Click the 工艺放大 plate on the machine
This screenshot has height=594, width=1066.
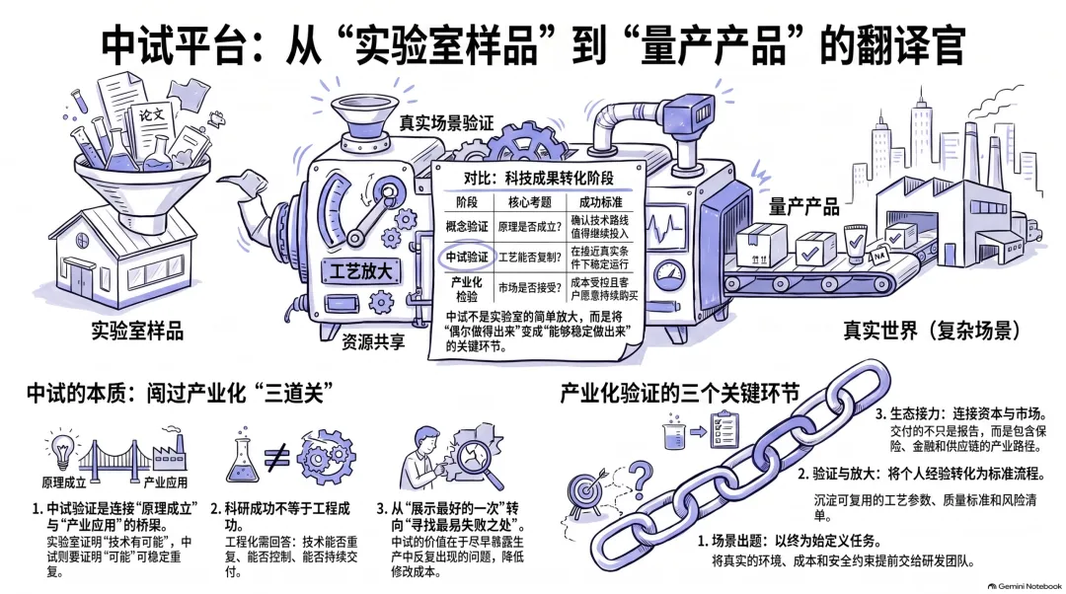tap(360, 272)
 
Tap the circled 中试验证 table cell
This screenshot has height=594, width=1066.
tap(467, 257)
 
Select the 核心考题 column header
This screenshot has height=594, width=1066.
tap(530, 202)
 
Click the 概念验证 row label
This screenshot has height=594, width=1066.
tap(467, 226)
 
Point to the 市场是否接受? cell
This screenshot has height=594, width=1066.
tap(530, 287)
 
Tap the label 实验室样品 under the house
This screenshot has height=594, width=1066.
tap(137, 331)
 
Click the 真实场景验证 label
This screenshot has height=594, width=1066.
tap(446, 123)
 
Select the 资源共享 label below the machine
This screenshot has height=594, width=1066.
tap(373, 341)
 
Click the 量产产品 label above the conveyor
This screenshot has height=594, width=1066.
tap(804, 206)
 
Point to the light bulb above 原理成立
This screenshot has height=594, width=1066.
tap(62, 449)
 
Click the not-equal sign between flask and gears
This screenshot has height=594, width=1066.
tap(276, 458)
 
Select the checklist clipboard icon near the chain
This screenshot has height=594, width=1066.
tap(724, 429)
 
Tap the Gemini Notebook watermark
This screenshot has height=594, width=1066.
tap(1026, 586)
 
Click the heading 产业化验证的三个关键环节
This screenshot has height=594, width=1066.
tap(680, 394)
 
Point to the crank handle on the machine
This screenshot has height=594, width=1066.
tap(370, 214)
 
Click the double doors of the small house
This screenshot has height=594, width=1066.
tap(80, 279)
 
